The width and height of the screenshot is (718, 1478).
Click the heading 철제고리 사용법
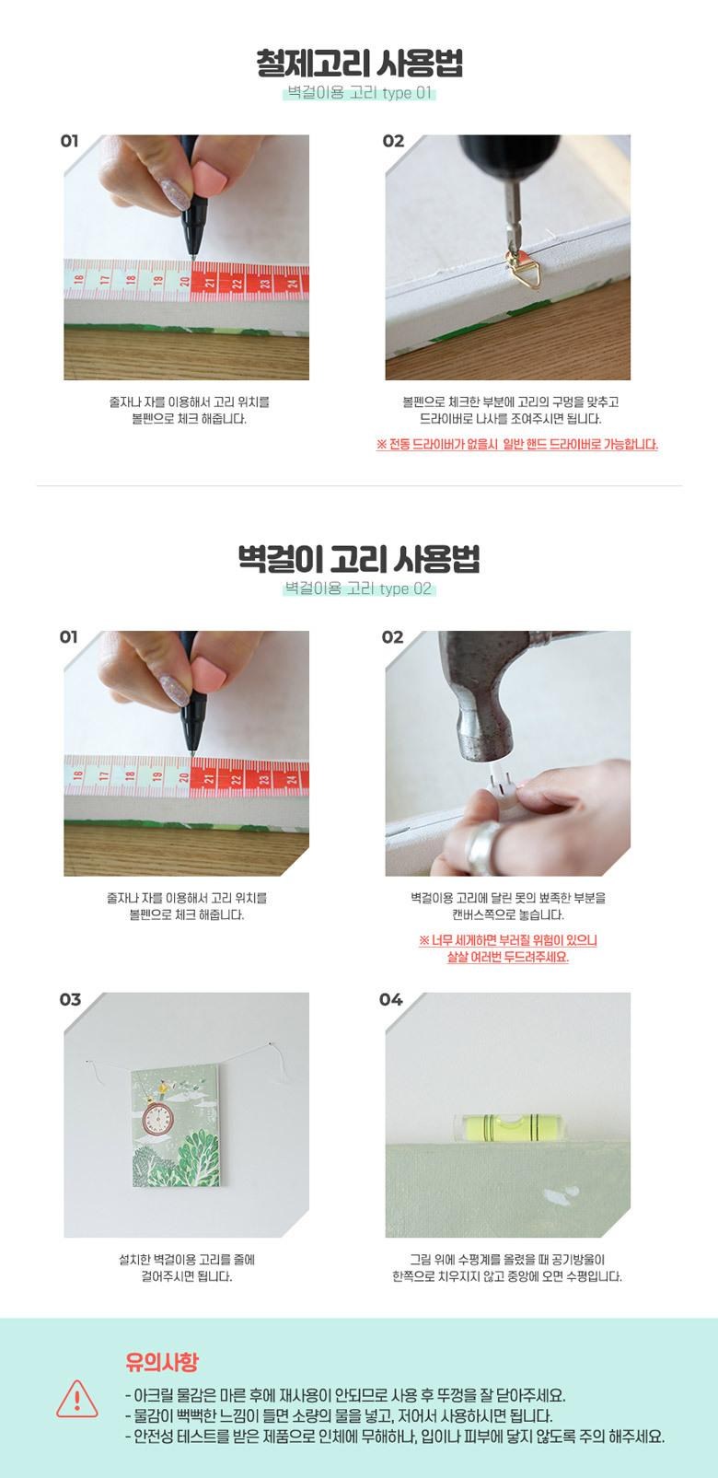click(x=359, y=64)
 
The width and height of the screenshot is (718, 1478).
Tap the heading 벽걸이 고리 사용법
click(x=359, y=560)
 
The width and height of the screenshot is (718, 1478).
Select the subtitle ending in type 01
click(x=359, y=93)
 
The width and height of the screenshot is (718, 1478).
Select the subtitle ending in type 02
click(x=359, y=588)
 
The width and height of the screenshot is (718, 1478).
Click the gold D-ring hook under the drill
click(x=526, y=269)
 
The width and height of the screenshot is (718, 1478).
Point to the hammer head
click(x=484, y=701)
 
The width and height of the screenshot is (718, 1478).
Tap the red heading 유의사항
click(x=161, y=1361)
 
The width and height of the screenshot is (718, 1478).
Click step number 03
click(x=70, y=999)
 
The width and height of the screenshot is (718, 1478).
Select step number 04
click(x=391, y=999)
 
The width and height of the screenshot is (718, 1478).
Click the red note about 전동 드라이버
click(x=517, y=444)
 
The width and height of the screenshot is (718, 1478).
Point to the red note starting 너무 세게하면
click(x=508, y=948)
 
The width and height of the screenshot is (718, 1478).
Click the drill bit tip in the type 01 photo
click(x=514, y=249)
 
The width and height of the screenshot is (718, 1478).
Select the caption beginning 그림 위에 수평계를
click(x=507, y=1267)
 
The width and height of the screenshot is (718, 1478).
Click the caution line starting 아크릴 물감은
click(x=345, y=1395)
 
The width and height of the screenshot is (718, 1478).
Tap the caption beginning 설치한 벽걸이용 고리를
click(x=187, y=1267)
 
